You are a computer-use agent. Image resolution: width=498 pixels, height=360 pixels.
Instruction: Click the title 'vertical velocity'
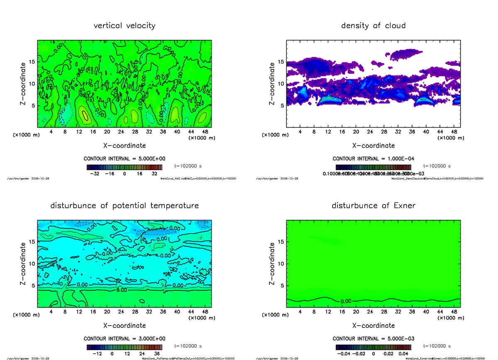(x=124, y=26)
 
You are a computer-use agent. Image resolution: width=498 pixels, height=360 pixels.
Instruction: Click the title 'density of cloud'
(x=373, y=26)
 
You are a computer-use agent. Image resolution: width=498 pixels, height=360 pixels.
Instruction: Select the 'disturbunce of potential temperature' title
(x=124, y=206)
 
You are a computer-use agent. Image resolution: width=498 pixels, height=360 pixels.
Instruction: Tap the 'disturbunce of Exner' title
(x=373, y=206)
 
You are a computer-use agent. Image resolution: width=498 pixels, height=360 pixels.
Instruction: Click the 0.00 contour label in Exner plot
(x=346, y=301)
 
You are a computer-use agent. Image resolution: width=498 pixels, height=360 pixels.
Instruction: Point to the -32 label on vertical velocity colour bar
(x=96, y=174)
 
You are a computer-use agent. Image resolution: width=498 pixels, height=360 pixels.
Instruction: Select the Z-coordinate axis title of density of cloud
(x=272, y=83)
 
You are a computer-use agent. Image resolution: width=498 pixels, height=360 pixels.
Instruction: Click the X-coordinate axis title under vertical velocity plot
(x=124, y=146)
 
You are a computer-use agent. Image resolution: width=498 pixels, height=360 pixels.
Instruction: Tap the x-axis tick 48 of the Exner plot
(x=454, y=311)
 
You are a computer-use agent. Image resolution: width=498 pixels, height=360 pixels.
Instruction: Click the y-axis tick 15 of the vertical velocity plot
(x=32, y=62)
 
